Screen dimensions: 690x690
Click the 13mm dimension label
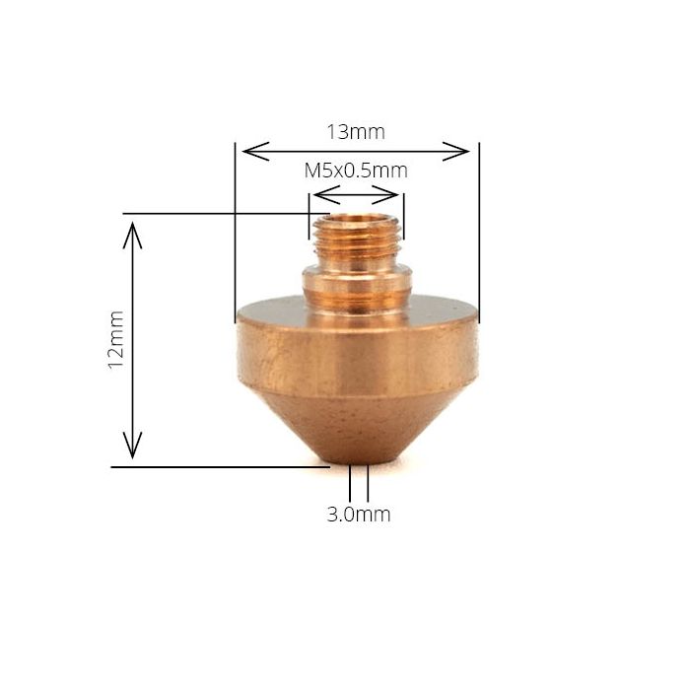pyautogui.click(x=356, y=131)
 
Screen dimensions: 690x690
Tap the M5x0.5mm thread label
pyautogui.click(x=355, y=170)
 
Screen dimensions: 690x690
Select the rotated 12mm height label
pyautogui.click(x=116, y=339)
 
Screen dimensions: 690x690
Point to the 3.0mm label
pyautogui.click(x=359, y=514)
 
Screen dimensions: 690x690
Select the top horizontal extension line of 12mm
pyautogui.click(x=217, y=213)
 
